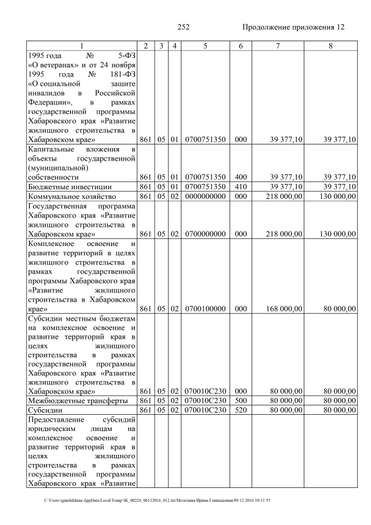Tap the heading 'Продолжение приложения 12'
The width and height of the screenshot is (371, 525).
point(293,27)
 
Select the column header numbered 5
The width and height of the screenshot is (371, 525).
point(205,45)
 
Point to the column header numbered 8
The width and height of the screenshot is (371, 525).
point(330,45)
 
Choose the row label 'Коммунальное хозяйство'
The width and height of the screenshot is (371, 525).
point(68,196)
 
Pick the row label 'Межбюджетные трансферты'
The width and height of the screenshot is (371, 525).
point(71,400)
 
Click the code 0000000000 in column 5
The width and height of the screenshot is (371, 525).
point(205,196)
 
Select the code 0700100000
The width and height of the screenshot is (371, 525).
point(205,309)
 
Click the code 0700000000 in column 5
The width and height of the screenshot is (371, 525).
point(205,234)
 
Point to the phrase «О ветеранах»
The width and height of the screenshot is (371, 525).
point(53,66)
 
